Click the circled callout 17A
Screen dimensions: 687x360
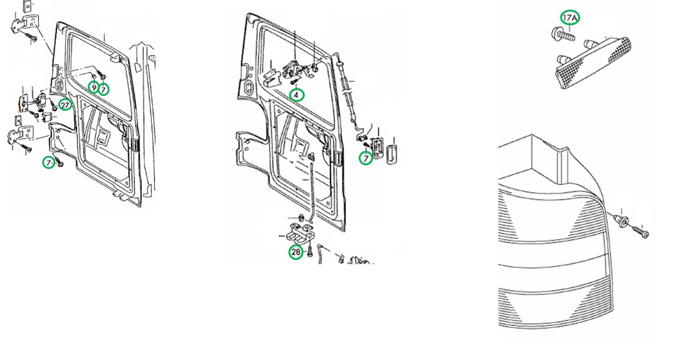click(570, 18)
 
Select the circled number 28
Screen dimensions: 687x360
click(296, 252)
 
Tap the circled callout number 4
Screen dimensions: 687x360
click(296, 95)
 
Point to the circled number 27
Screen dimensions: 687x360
click(65, 106)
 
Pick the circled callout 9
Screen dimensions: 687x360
click(94, 87)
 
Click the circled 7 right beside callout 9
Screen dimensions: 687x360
click(104, 90)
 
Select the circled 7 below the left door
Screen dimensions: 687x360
click(49, 163)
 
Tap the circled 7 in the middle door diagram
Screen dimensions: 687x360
click(366, 159)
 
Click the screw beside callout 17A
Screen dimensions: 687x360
click(563, 35)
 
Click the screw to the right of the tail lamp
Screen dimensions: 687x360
click(640, 232)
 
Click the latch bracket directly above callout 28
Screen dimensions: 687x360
click(300, 233)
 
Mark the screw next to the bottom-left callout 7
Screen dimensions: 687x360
click(59, 162)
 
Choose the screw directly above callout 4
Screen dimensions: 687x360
click(294, 81)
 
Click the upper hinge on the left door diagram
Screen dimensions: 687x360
click(24, 27)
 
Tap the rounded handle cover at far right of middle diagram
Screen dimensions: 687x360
click(391, 155)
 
